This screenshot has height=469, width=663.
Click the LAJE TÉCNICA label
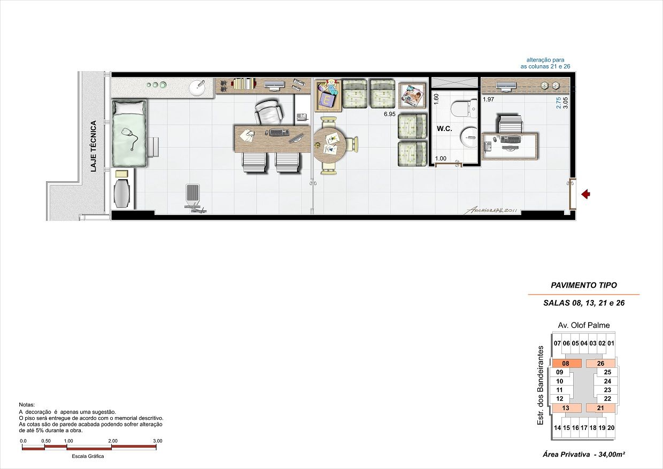coord(93,146)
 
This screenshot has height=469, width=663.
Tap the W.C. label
coord(444,129)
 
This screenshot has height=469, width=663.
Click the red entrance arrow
coord(585,194)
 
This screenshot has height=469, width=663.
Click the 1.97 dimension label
coord(488,99)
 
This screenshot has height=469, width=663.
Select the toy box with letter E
coord(327,96)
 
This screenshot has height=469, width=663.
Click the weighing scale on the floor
coord(194,198)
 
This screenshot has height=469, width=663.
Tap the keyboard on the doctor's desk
coord(279,132)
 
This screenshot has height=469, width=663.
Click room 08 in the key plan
coord(566,364)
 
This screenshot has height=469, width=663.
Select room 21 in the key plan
coord(600,408)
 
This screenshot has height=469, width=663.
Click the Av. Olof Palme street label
coord(583,325)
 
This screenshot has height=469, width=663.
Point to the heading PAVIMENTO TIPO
coord(583,286)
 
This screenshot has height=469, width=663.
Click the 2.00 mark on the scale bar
coord(112,441)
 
